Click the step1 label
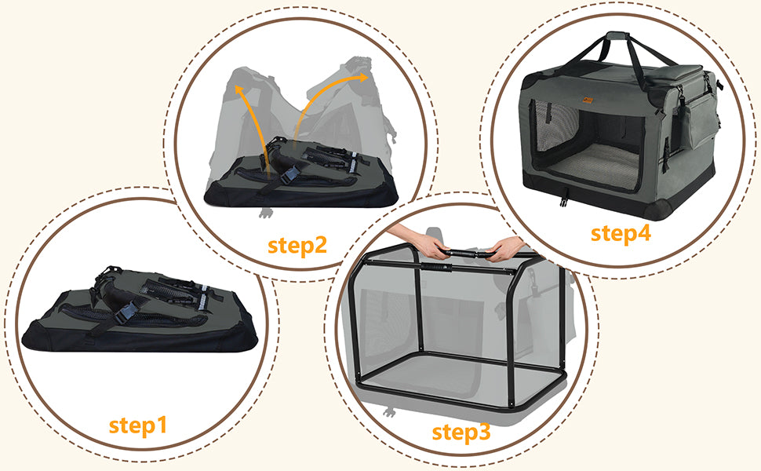[x=138, y=425]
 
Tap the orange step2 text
[x=297, y=245]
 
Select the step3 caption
[x=461, y=433]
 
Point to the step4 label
[x=621, y=234]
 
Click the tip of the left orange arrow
[x=238, y=87]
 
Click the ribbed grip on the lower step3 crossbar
[x=437, y=267]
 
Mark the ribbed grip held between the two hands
[x=466, y=254]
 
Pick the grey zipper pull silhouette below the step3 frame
[x=388, y=413]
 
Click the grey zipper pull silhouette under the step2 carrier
[x=264, y=213]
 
